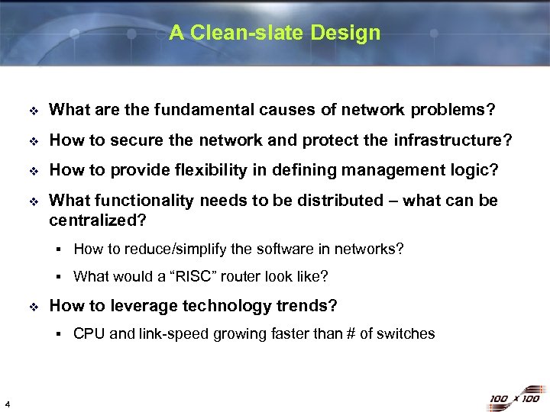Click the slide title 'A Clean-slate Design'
pyautogui.click(x=274, y=33)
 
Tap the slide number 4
pyautogui.click(x=7, y=404)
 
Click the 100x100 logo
pyautogui.click(x=514, y=398)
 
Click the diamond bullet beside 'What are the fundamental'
pyautogui.click(x=32, y=111)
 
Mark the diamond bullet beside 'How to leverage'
pyautogui.click(x=32, y=307)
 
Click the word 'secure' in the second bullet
pyautogui.click(x=135, y=140)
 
